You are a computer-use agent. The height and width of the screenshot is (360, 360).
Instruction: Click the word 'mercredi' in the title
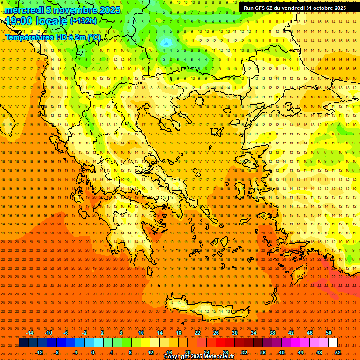24,10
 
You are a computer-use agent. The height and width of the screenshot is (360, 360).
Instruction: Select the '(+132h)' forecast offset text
83,21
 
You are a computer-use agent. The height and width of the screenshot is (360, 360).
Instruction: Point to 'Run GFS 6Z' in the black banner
259,8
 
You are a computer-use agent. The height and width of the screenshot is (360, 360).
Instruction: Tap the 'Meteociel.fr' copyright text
214,357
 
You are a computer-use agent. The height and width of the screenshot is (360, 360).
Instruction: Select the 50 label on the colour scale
328,333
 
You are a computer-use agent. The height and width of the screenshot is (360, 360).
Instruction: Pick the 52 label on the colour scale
338,352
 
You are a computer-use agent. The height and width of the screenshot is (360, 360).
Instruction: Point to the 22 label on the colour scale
197,333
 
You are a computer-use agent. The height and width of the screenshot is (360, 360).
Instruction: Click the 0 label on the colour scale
93,352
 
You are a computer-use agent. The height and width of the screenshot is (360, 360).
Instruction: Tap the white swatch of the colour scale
333,343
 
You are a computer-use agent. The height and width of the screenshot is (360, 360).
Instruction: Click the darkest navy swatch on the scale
24,343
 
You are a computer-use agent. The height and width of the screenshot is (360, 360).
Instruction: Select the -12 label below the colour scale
39,352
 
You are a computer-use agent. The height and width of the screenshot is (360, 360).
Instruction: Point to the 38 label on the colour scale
272,333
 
